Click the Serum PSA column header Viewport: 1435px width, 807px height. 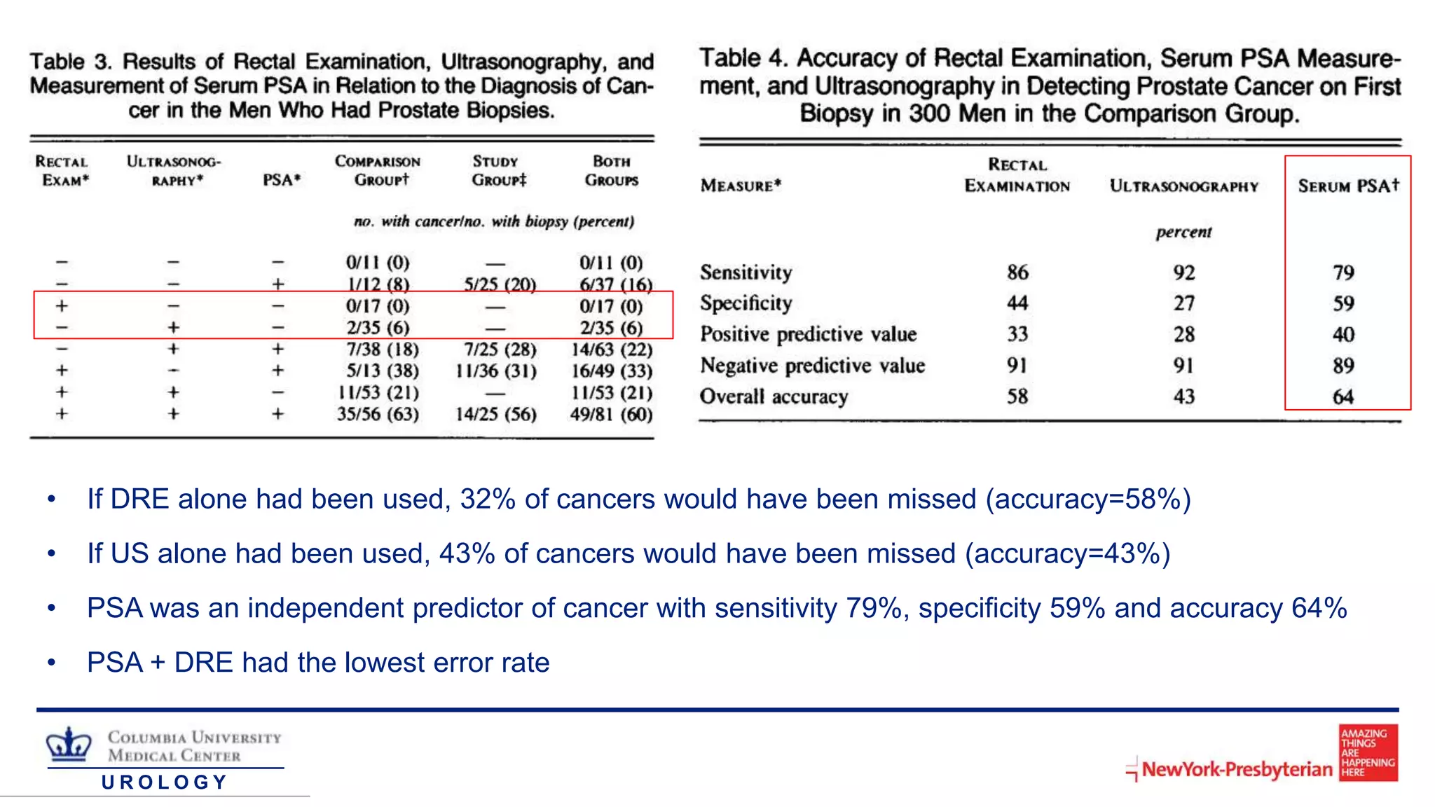click(x=1348, y=186)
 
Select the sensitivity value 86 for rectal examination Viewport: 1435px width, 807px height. click(x=1017, y=272)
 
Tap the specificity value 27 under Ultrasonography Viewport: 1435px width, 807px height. click(x=1183, y=303)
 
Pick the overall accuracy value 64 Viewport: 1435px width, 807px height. click(x=1343, y=396)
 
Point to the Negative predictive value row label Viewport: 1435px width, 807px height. click(x=812, y=366)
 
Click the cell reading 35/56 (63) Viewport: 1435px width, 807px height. click(x=378, y=414)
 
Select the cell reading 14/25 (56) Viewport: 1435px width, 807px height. click(x=495, y=414)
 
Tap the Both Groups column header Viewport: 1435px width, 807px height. click(x=611, y=171)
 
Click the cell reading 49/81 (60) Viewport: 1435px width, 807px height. click(x=611, y=414)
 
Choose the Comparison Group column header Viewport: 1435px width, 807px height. click(x=378, y=171)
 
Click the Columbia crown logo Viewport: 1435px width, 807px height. click(x=69, y=744)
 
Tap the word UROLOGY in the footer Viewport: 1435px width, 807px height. click(x=165, y=782)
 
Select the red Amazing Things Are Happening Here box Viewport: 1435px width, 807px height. click(x=1368, y=752)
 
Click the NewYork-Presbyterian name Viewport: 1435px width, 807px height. click(x=1237, y=769)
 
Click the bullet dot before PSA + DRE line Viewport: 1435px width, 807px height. click(x=51, y=663)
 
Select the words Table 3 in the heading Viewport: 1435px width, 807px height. click(x=71, y=62)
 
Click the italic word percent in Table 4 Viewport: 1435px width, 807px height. click(x=1183, y=232)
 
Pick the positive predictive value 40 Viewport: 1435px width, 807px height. click(x=1343, y=335)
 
